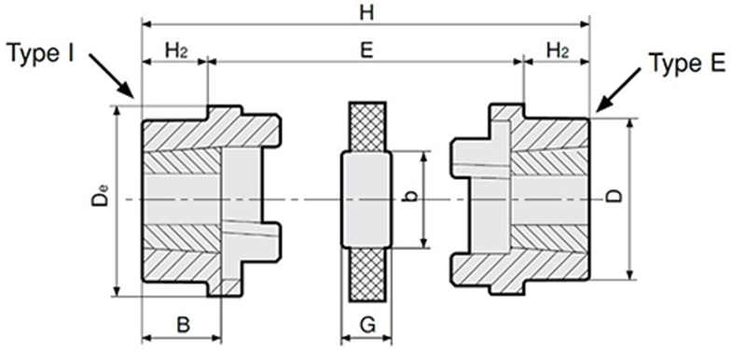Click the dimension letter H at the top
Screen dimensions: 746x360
point(366,13)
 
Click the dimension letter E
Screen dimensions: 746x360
point(366,50)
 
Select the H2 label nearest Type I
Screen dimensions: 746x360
point(175,50)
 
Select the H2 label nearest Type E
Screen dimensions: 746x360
point(557,50)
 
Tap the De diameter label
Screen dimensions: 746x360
point(100,196)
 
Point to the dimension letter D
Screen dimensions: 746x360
point(615,196)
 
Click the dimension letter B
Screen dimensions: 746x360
point(183,325)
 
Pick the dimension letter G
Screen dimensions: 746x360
point(367,325)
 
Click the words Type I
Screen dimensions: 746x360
point(41,53)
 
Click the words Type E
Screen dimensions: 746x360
point(687,62)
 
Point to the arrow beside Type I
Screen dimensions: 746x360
point(111,76)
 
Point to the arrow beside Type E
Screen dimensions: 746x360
point(618,90)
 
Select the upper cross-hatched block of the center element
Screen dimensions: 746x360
point(367,128)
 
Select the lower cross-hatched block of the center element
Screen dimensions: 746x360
point(367,274)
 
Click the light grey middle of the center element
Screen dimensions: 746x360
point(366,200)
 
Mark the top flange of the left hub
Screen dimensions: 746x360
point(225,113)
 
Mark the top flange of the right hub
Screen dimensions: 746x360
point(506,112)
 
